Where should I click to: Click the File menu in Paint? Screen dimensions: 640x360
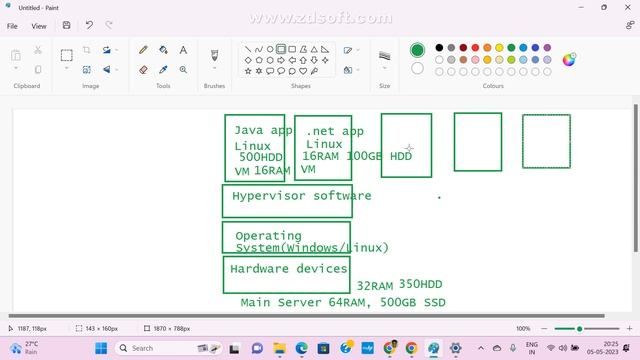tap(12, 26)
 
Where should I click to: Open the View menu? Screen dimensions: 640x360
tap(39, 26)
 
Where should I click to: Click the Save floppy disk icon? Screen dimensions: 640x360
tap(67, 25)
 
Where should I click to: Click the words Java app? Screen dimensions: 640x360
tap(263, 130)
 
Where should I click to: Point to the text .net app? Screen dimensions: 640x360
tap(335, 131)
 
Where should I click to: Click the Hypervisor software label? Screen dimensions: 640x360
tap(301, 196)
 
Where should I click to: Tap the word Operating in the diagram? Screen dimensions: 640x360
tap(268, 237)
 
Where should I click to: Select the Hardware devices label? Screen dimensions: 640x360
tap(289, 269)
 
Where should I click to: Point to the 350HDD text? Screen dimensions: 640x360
tap(420, 285)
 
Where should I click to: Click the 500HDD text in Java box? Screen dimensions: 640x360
tap(261, 157)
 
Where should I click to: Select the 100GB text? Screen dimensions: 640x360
tap(364, 156)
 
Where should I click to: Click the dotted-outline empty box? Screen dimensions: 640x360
tap(546, 141)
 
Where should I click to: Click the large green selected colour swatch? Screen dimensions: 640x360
tap(417, 50)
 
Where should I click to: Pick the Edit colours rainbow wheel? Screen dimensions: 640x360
tap(568, 59)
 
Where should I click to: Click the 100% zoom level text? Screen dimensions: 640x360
tap(523, 328)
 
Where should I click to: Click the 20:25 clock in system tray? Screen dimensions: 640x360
tap(610, 343)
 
